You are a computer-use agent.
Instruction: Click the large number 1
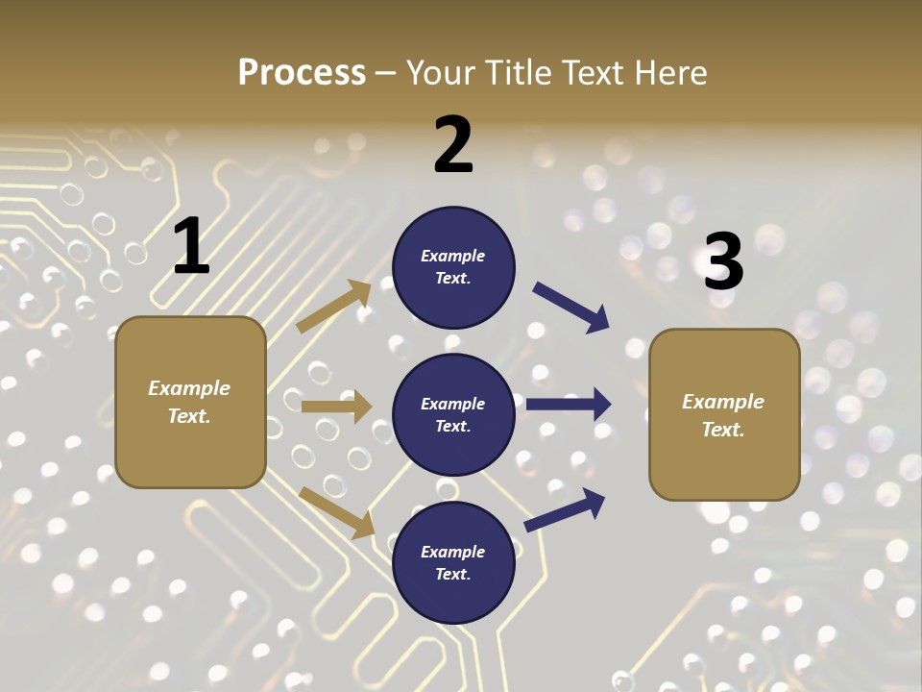[191, 247]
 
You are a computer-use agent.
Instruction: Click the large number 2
[453, 145]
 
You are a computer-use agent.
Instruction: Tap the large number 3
[723, 261]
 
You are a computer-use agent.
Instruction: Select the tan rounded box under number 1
[190, 402]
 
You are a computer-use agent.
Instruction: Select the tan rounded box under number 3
[724, 414]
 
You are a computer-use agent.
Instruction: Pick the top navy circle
[453, 267]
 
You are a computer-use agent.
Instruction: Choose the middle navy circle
[453, 414]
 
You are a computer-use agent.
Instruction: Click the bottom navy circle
[453, 562]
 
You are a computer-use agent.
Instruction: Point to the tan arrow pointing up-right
[334, 306]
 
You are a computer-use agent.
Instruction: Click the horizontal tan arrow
[336, 407]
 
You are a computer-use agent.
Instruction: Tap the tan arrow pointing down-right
[337, 511]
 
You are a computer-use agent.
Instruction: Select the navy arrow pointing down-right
[571, 308]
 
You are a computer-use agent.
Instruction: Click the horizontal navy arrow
[569, 404]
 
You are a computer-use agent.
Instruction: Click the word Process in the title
[302, 72]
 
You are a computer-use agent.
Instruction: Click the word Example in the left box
[189, 388]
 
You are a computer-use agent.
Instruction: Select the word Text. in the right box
[723, 430]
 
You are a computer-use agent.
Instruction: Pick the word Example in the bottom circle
[452, 552]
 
